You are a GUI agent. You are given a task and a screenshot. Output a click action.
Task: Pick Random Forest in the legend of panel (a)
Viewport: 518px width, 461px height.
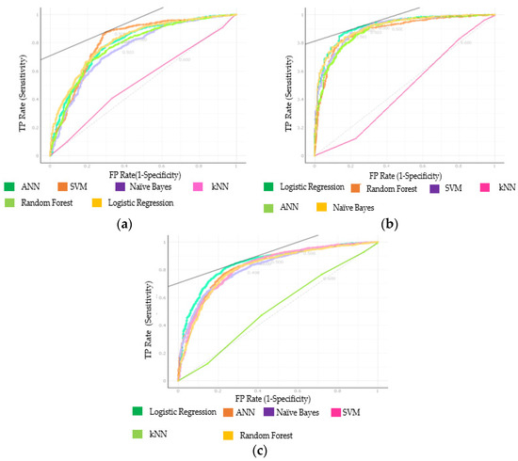coord(46,202)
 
